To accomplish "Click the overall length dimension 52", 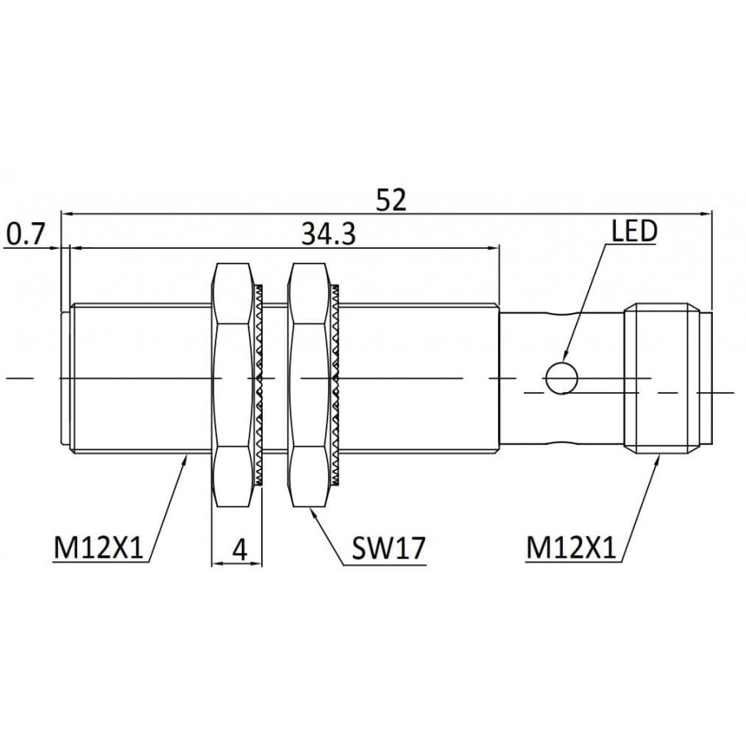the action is point(391,200).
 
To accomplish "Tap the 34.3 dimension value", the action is point(329,234).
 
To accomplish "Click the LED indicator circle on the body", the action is point(561,378).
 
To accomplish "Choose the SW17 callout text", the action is point(388,548).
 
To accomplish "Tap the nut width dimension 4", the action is point(240,550).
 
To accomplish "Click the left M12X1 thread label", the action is point(99,548).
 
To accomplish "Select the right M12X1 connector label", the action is point(571,548).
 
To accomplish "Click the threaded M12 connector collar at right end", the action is point(661,378).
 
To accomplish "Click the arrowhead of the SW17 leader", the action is point(314,513).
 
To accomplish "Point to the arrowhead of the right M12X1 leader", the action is point(657,462).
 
